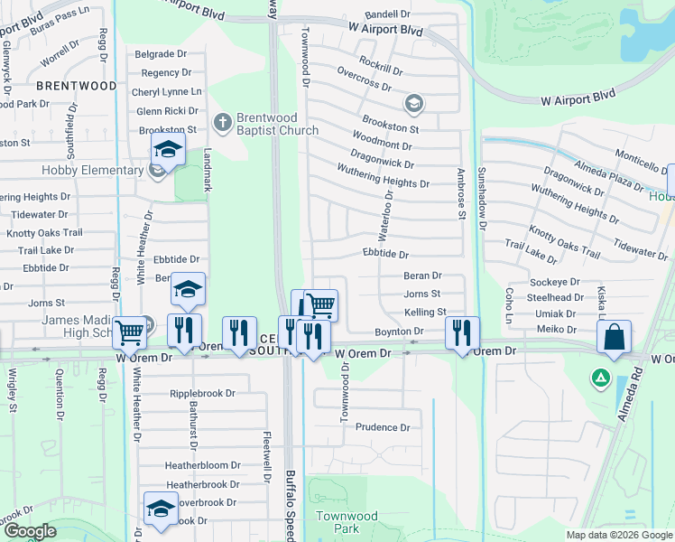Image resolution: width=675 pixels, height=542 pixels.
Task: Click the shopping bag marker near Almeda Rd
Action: tap(614, 338)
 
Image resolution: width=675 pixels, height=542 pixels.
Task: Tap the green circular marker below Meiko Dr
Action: tap(599, 377)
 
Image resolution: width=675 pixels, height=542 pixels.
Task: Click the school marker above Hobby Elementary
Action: tap(167, 150)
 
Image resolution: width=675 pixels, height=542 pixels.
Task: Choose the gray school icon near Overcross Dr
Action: tap(413, 102)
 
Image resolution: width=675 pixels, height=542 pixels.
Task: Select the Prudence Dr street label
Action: tap(383, 427)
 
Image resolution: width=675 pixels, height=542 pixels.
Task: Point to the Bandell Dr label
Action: tap(387, 15)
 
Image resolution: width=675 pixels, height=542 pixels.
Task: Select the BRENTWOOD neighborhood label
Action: tap(78, 86)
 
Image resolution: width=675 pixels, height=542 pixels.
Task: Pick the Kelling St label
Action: tap(425, 312)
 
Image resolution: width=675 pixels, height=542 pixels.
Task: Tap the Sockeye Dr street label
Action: tap(554, 283)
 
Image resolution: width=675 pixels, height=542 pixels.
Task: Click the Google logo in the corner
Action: tap(31, 531)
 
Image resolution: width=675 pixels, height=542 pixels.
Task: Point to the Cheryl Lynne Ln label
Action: tap(166, 92)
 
